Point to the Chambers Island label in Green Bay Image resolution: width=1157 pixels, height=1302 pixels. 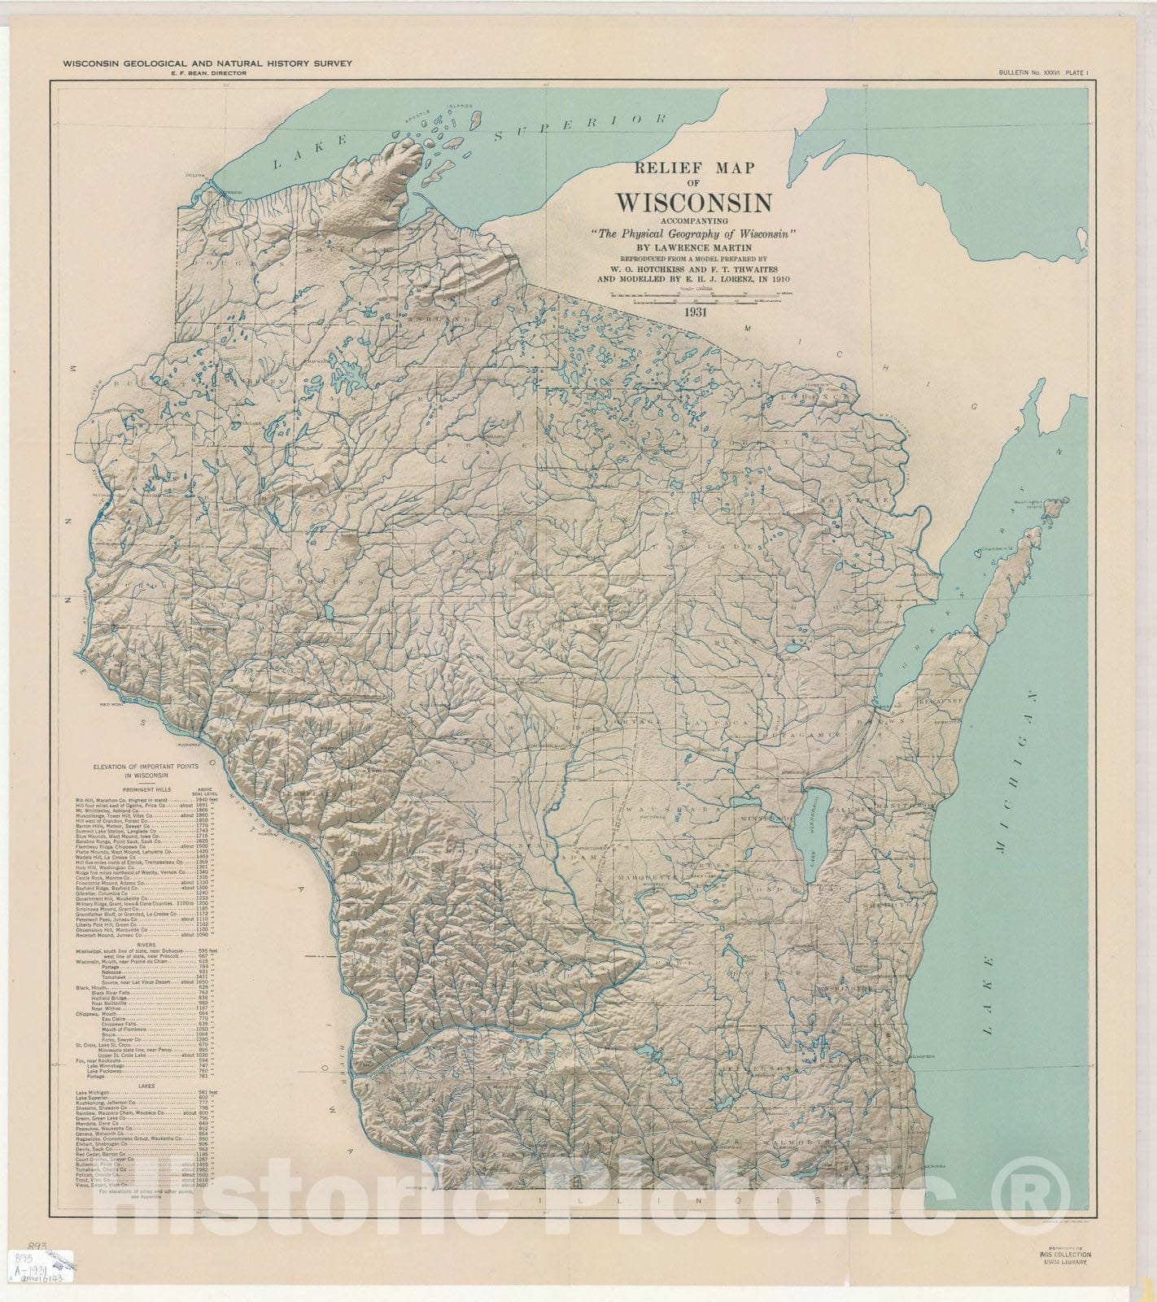click(991, 555)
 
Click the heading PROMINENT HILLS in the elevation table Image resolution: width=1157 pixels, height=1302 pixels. click(147, 789)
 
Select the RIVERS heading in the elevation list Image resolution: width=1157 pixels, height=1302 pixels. click(147, 945)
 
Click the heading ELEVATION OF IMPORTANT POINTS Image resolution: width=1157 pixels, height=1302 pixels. click(147, 771)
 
